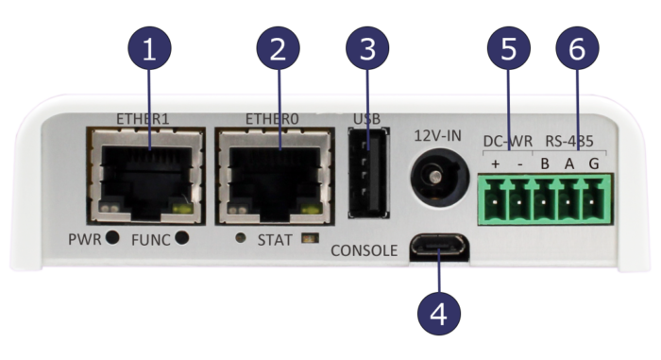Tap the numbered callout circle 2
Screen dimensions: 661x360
277,50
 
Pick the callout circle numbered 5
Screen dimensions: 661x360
509,50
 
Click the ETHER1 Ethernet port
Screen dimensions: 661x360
147,171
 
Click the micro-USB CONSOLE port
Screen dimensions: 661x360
438,249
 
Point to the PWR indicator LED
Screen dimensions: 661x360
113,238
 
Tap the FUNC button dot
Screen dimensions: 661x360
181,238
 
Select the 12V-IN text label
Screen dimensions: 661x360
437,136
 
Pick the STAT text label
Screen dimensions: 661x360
276,239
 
